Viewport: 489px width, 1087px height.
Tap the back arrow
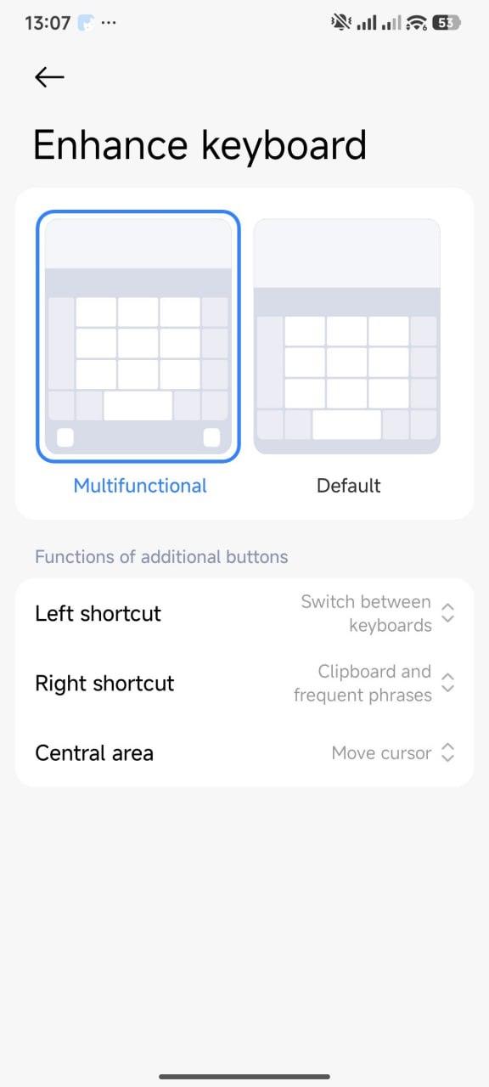click(x=49, y=76)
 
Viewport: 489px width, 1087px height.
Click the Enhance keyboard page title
click(x=200, y=144)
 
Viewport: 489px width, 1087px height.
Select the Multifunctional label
click(x=140, y=486)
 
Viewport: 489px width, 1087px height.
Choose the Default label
click(x=348, y=486)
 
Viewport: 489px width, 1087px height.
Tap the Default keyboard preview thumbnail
click(x=347, y=336)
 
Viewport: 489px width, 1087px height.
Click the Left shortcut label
click(x=98, y=613)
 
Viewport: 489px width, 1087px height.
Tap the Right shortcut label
click(x=104, y=684)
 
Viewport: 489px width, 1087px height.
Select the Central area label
click(x=94, y=753)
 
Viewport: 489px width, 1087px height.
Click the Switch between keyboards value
click(x=366, y=613)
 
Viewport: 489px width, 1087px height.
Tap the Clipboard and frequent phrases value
click(x=363, y=684)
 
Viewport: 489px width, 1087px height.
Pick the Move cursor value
click(x=381, y=753)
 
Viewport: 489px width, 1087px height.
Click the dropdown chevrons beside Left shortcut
click(x=447, y=613)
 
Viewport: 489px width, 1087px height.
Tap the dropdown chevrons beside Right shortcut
click(x=447, y=684)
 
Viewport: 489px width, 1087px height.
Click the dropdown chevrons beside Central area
click(x=447, y=753)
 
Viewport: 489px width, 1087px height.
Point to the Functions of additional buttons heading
click(x=161, y=556)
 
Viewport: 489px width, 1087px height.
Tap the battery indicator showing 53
click(x=447, y=22)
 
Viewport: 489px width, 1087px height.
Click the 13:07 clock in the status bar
click(x=48, y=23)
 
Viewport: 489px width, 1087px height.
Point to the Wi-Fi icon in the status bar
click(x=417, y=22)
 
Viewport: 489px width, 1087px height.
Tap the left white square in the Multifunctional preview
click(x=65, y=437)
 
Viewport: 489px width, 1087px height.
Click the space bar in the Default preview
click(x=347, y=425)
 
